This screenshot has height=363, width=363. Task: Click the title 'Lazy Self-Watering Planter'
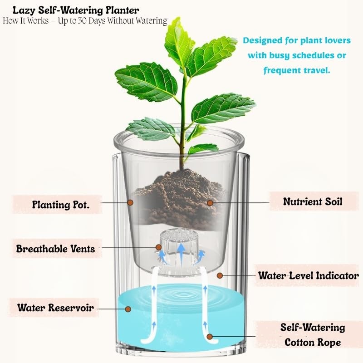76,10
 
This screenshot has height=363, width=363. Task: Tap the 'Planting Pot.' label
61,205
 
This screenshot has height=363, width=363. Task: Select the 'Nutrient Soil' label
313,201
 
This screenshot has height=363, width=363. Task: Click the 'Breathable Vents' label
56,249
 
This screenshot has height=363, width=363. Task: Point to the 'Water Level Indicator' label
309,275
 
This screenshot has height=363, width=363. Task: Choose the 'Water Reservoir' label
56,308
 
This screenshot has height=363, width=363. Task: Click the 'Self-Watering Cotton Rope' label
313,335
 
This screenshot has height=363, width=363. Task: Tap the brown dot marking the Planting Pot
130,202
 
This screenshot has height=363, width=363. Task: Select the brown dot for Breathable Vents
158,247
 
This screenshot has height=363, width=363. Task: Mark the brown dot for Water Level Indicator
220,275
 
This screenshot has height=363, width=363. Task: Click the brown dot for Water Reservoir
128,309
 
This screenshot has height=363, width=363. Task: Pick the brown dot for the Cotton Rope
210,336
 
